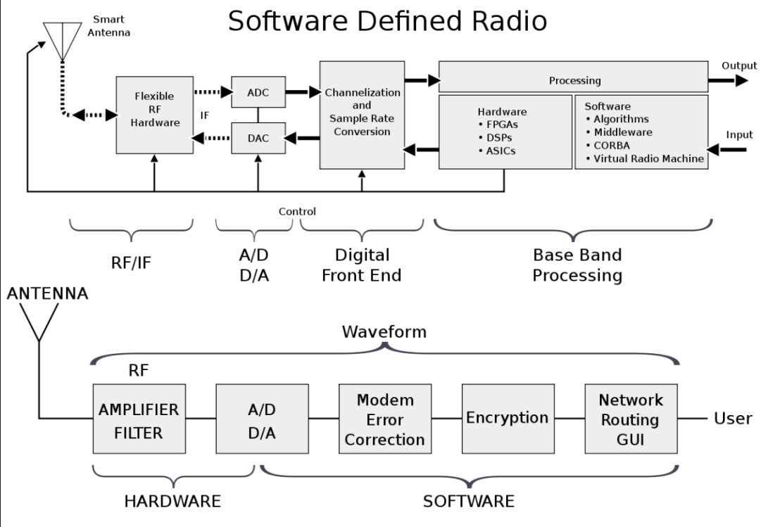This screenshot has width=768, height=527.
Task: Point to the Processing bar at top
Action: [574, 81]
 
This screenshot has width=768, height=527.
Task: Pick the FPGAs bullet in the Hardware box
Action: [502, 125]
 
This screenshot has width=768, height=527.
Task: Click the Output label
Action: [738, 65]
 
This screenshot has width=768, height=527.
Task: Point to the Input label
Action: [738, 134]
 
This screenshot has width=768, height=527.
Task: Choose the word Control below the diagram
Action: [297, 211]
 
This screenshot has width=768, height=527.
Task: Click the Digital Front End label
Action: [361, 265]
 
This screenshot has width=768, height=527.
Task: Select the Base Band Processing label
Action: [577, 265]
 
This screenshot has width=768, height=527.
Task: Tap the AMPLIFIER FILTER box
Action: [139, 419]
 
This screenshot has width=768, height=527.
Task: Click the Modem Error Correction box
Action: [384, 419]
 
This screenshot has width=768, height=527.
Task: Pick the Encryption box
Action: [507, 419]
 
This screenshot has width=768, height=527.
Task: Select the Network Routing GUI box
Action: [631, 419]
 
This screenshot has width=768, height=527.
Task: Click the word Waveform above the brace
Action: [384, 331]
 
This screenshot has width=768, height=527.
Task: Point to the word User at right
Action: [732, 419]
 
